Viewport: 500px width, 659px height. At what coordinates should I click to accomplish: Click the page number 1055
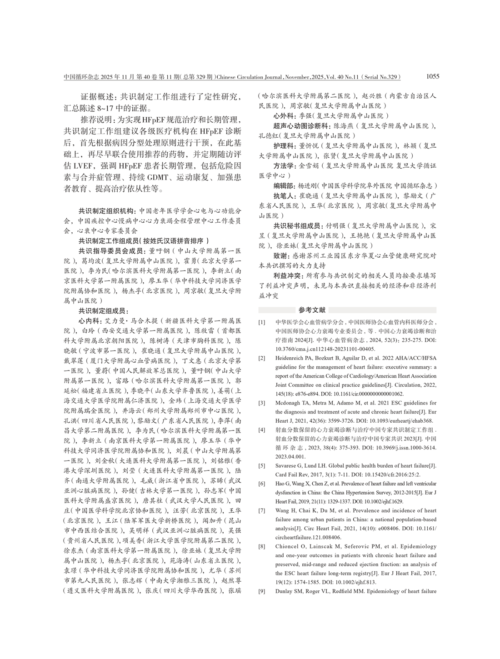click(433, 76)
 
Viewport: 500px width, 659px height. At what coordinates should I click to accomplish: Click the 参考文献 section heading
click(312, 310)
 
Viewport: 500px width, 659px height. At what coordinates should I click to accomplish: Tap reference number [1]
click(262, 323)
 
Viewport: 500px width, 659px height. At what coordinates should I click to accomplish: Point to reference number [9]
click(262, 591)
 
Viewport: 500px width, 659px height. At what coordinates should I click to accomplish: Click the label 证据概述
click(97, 97)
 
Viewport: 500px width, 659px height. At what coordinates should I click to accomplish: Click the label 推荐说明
click(97, 120)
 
